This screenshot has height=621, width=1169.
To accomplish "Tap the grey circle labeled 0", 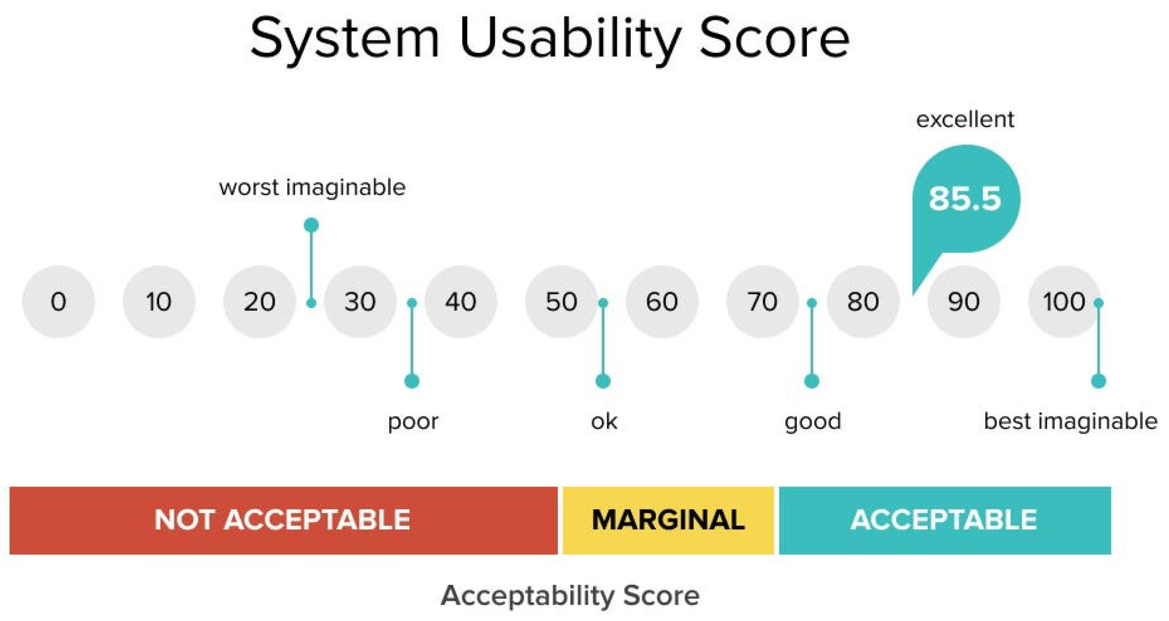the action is (59, 302).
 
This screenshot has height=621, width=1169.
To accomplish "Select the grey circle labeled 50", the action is (562, 302).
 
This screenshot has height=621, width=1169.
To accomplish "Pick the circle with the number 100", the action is (1064, 302).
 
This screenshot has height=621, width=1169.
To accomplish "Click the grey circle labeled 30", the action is (360, 302).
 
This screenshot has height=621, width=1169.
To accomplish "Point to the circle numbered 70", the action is (763, 302).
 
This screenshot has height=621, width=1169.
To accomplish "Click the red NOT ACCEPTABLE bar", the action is (283, 520).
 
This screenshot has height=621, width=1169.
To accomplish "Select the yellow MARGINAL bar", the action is (668, 520).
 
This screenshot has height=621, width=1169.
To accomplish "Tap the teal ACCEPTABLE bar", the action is (945, 520).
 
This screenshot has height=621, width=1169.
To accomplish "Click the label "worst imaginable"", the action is (312, 187).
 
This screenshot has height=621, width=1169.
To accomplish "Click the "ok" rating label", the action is (604, 421).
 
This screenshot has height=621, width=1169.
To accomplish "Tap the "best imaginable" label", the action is (1071, 421).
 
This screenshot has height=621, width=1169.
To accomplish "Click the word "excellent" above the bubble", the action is (965, 120).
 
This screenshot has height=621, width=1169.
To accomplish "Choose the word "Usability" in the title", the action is (570, 38).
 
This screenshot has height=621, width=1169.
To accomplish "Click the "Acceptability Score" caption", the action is (570, 595).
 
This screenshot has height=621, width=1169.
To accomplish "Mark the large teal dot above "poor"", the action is (412, 381).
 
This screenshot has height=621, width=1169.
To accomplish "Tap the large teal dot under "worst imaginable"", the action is (311, 225).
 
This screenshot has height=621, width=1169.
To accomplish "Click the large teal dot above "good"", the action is (812, 381).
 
